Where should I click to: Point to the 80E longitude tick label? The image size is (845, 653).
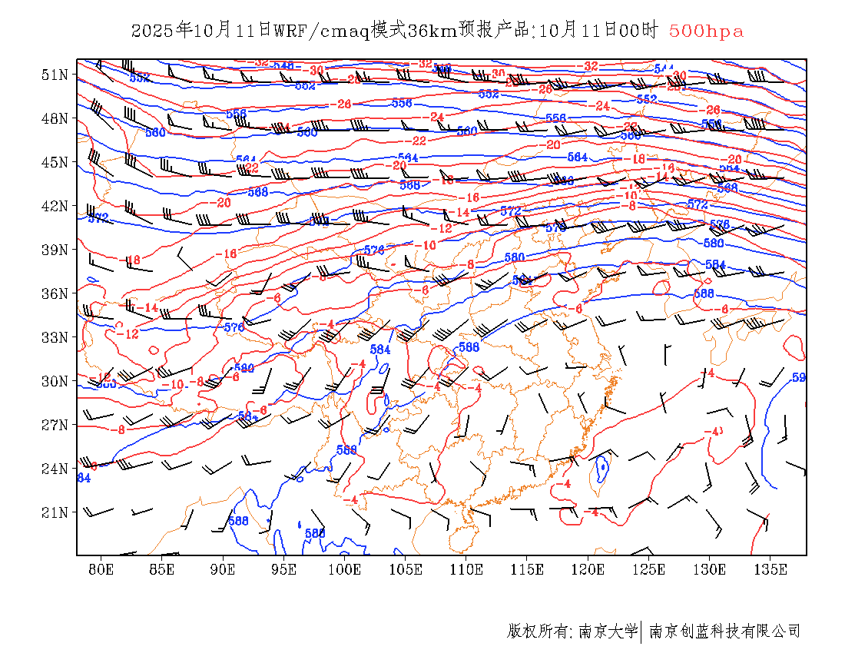click(101, 569)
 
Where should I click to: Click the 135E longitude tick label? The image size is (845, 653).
click(770, 569)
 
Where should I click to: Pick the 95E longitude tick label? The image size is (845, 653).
click(284, 569)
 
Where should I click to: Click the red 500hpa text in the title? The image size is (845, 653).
click(706, 31)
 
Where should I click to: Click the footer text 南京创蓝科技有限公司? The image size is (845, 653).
click(725, 631)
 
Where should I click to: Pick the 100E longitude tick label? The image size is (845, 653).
click(345, 569)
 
